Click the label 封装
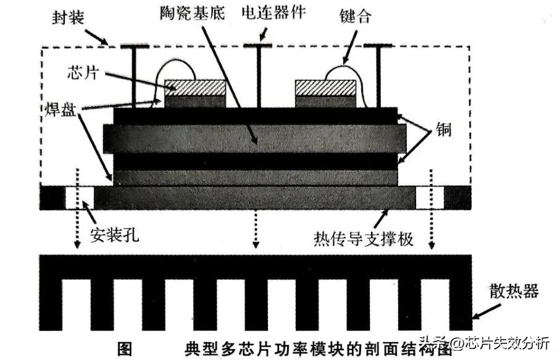click(x=68, y=17)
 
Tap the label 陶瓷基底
click(x=193, y=13)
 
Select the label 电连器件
click(x=274, y=12)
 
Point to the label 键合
click(x=356, y=16)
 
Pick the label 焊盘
click(x=61, y=109)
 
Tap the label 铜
click(x=443, y=129)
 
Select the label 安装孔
click(x=114, y=235)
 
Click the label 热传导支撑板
click(x=364, y=239)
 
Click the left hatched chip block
click(x=195, y=88)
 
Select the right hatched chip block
click(x=326, y=88)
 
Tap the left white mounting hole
click(x=79, y=198)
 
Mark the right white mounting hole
click(x=430, y=198)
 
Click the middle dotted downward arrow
click(x=256, y=228)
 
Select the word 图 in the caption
click(x=125, y=349)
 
